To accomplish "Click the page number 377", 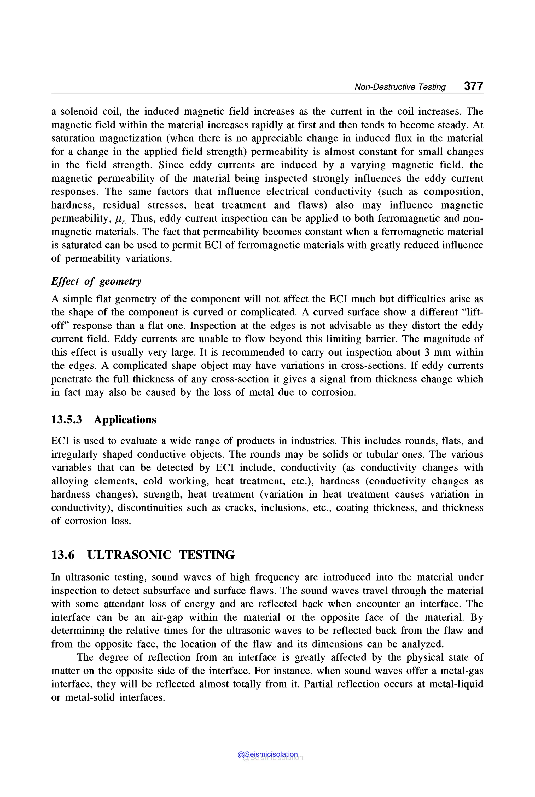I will click(473, 86).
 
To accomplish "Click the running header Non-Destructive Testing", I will click(400, 87).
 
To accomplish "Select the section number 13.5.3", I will click(67, 419).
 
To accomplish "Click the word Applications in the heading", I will click(125, 419).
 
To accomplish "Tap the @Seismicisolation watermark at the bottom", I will click(267, 754).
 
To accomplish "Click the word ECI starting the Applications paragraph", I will click(60, 441).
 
